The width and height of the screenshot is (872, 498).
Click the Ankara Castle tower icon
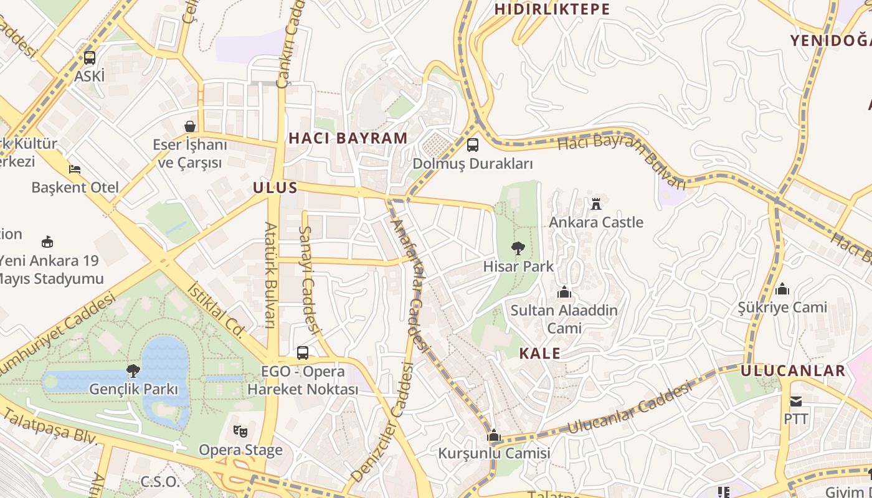596,203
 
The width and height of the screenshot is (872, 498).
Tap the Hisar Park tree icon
517,248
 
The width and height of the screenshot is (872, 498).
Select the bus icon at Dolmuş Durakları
473,145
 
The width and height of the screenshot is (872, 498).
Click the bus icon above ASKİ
90,58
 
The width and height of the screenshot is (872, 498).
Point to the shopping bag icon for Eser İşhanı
190,126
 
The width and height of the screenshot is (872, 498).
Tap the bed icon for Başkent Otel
75,169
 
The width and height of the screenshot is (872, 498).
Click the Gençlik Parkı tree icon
133,371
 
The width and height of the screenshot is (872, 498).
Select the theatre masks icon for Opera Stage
240,431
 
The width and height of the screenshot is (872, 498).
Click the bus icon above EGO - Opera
303,353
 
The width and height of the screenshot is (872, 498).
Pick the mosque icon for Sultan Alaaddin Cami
564,291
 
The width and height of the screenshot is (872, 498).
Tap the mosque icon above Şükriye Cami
782,289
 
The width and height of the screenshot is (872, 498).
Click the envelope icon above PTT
796,400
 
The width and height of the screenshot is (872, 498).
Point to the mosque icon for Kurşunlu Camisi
494,435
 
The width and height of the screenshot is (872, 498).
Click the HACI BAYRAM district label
348,138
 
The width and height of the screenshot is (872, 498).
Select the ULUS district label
275,188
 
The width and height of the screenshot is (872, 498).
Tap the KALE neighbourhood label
539,354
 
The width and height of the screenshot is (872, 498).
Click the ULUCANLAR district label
793,371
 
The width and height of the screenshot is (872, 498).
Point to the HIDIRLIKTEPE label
552,9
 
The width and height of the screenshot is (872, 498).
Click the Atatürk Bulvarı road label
271,275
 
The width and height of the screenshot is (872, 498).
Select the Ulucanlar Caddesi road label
630,409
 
